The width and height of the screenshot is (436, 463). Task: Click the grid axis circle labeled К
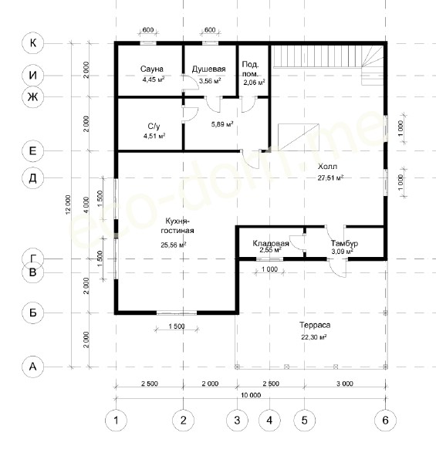pos(32,43)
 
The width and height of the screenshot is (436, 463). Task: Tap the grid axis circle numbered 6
pos(385,421)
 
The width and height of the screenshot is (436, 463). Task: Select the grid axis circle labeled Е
pos(32,151)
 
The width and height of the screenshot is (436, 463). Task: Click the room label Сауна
pos(152,69)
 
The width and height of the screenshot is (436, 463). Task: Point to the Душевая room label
pos(208,69)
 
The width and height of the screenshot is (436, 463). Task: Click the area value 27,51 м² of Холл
pos(330,177)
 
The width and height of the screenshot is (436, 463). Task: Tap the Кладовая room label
pos(271,243)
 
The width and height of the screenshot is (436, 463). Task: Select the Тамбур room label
pos(344,243)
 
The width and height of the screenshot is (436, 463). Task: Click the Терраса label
pos(315,325)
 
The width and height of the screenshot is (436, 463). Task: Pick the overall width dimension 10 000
pos(251,395)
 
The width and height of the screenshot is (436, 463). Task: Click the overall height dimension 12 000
pos(68,204)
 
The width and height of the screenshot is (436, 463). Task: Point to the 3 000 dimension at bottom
pos(345,384)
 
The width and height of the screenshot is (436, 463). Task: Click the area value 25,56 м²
pos(174,245)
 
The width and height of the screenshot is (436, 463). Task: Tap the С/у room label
pos(154,127)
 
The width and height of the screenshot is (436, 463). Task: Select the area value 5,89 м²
pos(222,124)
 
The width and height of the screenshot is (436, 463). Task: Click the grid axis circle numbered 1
pos(116,421)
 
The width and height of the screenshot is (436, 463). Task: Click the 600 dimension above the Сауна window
pos(148,30)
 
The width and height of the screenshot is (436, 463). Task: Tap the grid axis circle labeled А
pos(32,367)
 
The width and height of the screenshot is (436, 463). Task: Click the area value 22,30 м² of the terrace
pos(313,337)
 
